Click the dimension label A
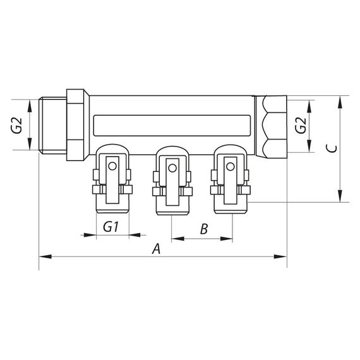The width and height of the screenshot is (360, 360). [157, 249]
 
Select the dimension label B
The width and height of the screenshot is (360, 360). [204, 229]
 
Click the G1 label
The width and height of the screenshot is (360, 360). [111, 227]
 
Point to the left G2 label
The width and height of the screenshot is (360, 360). [17, 126]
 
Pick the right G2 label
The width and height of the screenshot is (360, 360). [301, 126]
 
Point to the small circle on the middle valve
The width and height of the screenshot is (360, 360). [171, 167]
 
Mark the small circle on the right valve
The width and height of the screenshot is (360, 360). [230, 167]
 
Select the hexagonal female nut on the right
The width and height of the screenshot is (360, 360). [273, 126]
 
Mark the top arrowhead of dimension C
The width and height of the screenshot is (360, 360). [342, 100]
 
